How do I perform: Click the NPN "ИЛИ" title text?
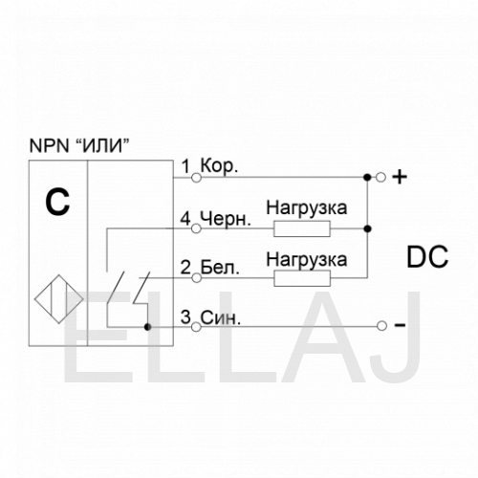coord(79,146)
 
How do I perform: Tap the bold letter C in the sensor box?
coord(57,202)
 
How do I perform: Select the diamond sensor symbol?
coord(59,299)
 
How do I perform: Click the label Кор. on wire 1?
coord(219,166)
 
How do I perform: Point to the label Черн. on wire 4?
coord(226,219)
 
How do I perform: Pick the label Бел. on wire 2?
coord(220,268)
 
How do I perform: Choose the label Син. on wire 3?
coord(221,317)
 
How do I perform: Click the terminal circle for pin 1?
coord(197,178)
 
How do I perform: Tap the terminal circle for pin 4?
coord(197,228)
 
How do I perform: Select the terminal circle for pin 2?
coord(197,278)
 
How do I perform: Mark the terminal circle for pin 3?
coord(197,327)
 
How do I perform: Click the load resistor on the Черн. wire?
coord(302,229)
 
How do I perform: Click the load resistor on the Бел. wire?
coord(302,278)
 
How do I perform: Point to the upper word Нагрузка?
coord(307,208)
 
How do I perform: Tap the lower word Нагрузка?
coord(307,259)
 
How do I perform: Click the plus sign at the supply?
coord(400,177)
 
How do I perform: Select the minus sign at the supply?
coord(401,325)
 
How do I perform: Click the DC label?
coord(427,257)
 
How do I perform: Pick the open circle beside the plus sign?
coord(380,177)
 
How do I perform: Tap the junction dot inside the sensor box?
coord(147,327)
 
